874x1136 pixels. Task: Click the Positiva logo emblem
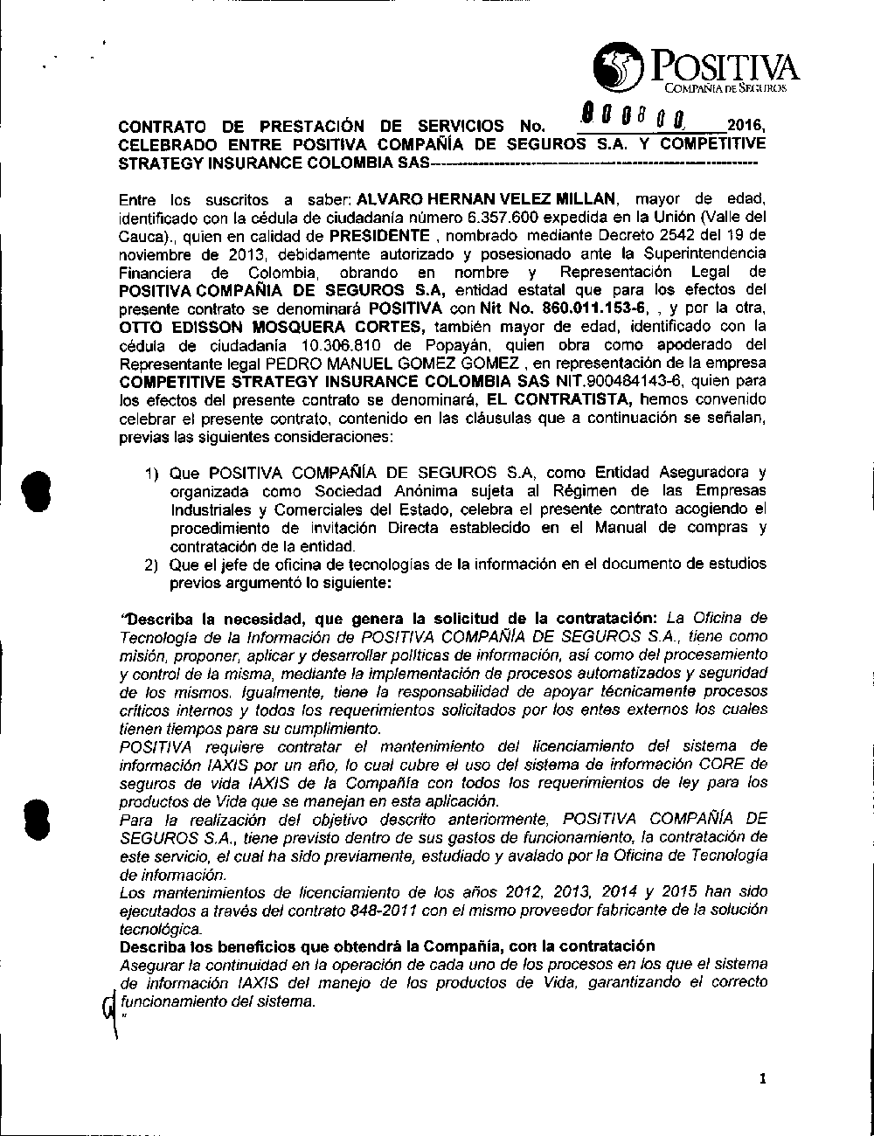pyautogui.click(x=619, y=69)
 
